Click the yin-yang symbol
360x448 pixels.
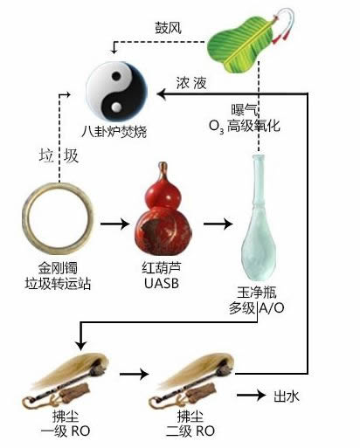click(x=116, y=92)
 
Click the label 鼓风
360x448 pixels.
click(x=168, y=28)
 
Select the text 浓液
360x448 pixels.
click(x=191, y=82)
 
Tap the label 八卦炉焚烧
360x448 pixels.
click(x=114, y=132)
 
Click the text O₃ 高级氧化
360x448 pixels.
click(x=245, y=126)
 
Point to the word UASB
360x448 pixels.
click(x=162, y=283)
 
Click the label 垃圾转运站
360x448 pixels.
click(x=58, y=284)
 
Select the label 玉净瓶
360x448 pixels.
click(x=257, y=293)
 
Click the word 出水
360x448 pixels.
click(x=287, y=396)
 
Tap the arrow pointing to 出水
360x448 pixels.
click(x=251, y=395)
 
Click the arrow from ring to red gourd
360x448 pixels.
click(x=114, y=224)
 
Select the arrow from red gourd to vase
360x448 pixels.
click(x=218, y=224)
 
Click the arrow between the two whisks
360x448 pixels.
click(x=135, y=374)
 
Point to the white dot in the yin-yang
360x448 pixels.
click(x=116, y=107)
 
